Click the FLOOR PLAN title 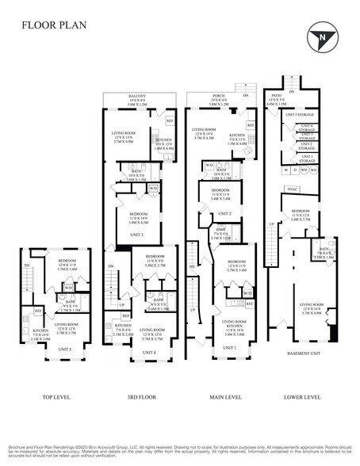[x=54, y=25]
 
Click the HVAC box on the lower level [x=292, y=189]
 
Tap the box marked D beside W [x=293, y=170]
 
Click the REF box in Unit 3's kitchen [x=168, y=120]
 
